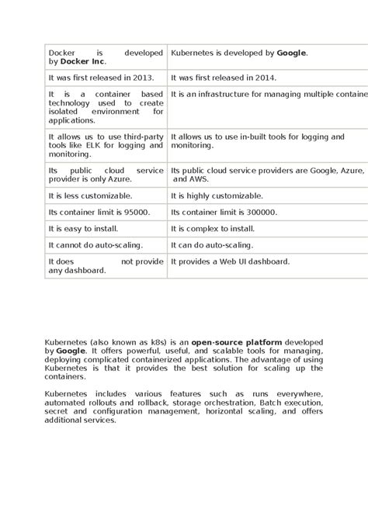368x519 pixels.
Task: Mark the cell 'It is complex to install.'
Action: point(213,229)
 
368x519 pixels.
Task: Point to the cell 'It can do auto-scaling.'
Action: point(213,245)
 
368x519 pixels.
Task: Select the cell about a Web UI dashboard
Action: point(230,261)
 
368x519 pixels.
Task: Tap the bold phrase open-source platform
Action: point(237,341)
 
